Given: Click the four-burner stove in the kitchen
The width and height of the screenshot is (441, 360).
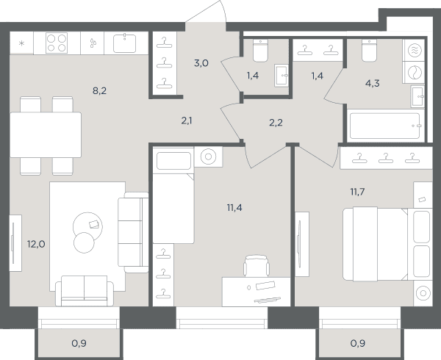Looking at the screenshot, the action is pyautogui.click(x=57, y=43).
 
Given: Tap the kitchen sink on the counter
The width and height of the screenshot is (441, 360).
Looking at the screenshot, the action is pyautogui.click(x=125, y=43).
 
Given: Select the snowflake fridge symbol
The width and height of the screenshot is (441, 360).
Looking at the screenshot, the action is pyautogui.click(x=21, y=43).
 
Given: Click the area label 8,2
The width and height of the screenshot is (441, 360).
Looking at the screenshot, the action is pyautogui.click(x=99, y=91).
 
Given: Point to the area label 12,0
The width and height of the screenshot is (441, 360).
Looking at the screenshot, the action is pyautogui.click(x=36, y=244).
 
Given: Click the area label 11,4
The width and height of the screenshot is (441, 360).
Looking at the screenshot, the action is pyautogui.click(x=234, y=208).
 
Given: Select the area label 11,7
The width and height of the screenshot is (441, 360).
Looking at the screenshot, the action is pyautogui.click(x=357, y=192).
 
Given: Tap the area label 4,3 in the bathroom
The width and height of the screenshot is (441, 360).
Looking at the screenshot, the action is pyautogui.click(x=373, y=84).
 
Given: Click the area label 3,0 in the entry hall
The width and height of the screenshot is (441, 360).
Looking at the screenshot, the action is pyautogui.click(x=201, y=63).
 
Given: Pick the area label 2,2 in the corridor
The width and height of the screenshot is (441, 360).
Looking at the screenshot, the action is pyautogui.click(x=276, y=123).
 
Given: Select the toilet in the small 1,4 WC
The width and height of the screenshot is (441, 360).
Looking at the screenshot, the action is pyautogui.click(x=260, y=50).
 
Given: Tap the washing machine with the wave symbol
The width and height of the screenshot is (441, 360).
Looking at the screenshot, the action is pyautogui.click(x=415, y=50).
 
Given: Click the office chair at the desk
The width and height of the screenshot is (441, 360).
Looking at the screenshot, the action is pyautogui.click(x=257, y=266).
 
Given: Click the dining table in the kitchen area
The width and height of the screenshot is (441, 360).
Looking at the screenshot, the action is pyautogui.click(x=46, y=135).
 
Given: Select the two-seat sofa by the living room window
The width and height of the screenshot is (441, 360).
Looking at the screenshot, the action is pyautogui.click(x=85, y=291).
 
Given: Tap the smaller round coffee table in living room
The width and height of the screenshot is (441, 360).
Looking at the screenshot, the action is pyautogui.click(x=84, y=242).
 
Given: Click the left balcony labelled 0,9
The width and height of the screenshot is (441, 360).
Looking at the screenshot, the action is pyautogui.click(x=79, y=343).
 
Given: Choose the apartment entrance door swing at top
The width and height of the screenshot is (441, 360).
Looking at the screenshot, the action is pyautogui.click(x=207, y=12).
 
